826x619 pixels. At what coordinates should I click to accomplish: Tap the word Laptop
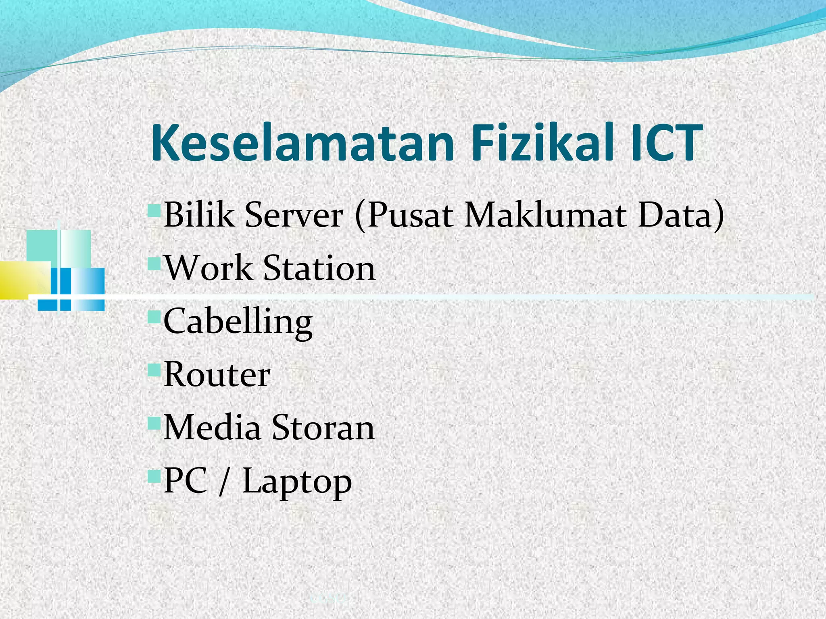pyautogui.click(x=297, y=482)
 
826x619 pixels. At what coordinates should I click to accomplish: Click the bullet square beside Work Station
pyautogui.click(x=154, y=264)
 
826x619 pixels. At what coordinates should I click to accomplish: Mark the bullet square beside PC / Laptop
pyautogui.click(x=154, y=476)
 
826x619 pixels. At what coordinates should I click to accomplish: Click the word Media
pyautogui.click(x=212, y=428)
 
